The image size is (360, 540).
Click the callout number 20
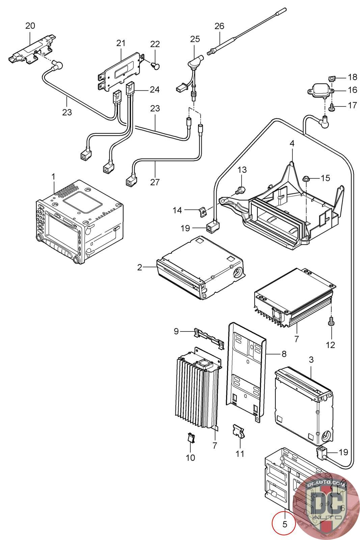30,26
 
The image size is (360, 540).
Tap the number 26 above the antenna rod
219,26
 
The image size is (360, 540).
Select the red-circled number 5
284,524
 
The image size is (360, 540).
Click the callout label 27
155,182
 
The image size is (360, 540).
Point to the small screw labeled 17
332,108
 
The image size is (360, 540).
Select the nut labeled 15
306,179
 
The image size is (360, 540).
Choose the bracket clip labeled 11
239,431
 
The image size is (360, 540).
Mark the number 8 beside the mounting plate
284,354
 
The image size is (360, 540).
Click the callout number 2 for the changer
140,268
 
